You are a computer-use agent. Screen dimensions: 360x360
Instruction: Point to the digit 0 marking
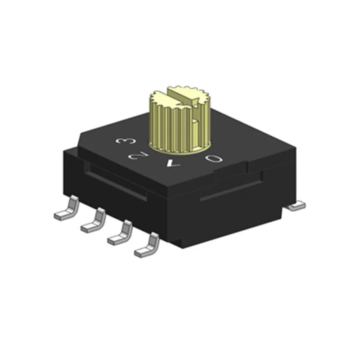(213, 158)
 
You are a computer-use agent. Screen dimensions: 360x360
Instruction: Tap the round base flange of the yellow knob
(180, 148)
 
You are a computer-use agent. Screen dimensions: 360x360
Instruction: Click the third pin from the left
(121, 232)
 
